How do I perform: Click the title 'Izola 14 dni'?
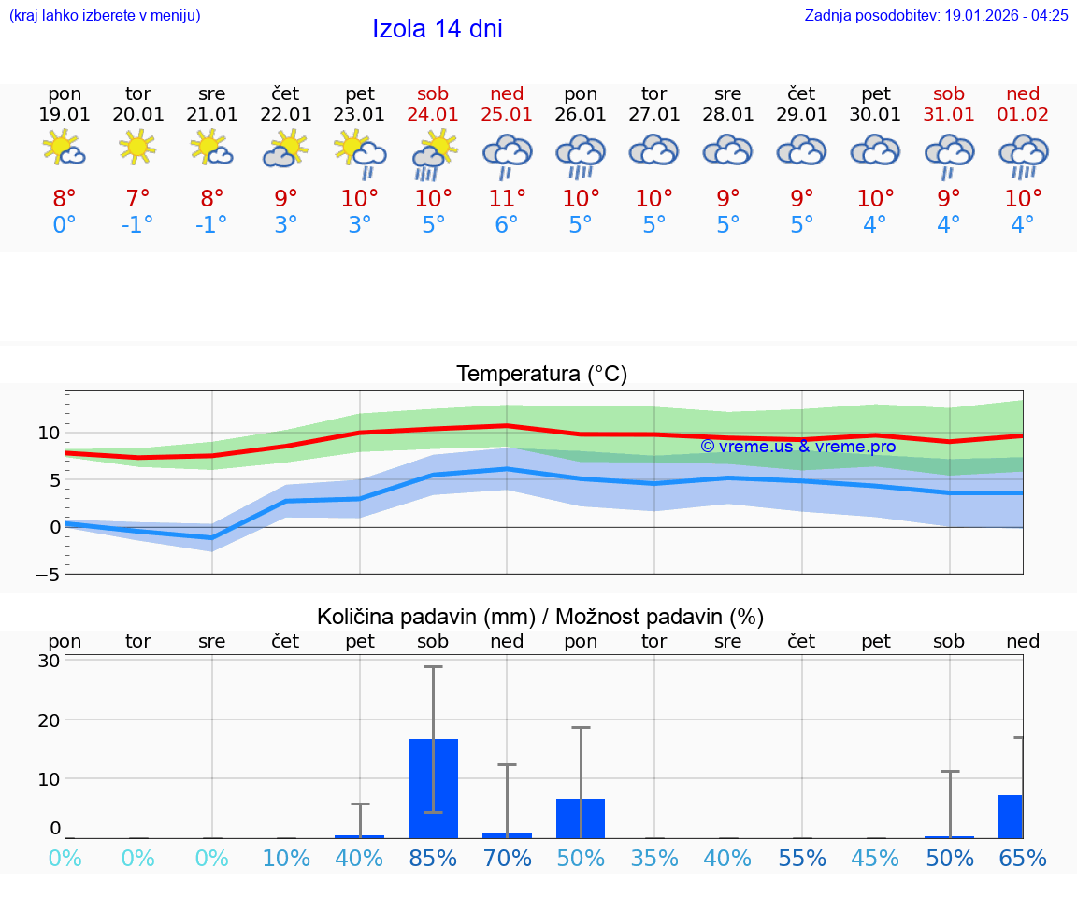click(x=438, y=29)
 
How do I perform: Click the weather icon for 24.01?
click(x=434, y=153)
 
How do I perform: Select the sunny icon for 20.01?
click(x=137, y=148)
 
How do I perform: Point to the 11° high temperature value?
click(x=507, y=198)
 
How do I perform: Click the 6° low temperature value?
click(x=507, y=224)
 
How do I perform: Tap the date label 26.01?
click(x=581, y=114)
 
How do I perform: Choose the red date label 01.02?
click(x=1023, y=114)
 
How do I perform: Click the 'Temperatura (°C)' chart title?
click(x=541, y=374)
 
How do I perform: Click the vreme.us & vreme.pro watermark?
click(x=797, y=446)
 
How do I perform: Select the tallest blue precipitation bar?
click(x=434, y=788)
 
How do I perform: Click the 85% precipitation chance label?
click(x=434, y=859)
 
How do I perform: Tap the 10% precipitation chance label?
click(x=286, y=859)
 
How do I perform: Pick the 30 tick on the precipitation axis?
click(x=49, y=661)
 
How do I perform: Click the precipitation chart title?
click(x=540, y=616)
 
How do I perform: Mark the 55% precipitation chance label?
click(x=802, y=859)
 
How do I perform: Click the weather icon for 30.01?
click(x=875, y=151)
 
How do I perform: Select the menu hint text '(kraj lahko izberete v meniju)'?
click(x=105, y=15)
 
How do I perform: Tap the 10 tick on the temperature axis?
click(x=49, y=433)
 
